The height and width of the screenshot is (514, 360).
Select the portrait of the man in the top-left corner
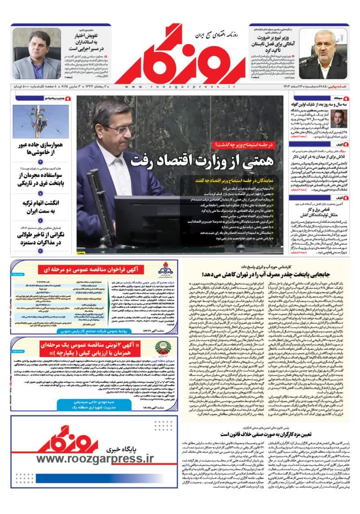click(x=31, y=55)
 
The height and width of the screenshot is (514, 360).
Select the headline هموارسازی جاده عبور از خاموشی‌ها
click(x=41, y=150)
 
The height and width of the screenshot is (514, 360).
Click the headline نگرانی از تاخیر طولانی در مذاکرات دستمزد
click(x=41, y=239)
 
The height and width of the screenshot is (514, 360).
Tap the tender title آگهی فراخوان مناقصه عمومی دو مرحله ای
click(x=94, y=269)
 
